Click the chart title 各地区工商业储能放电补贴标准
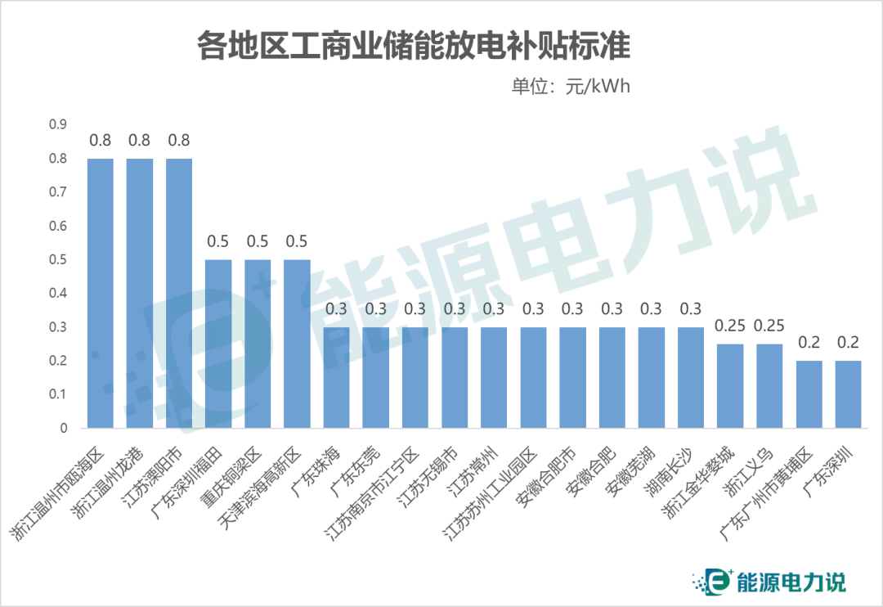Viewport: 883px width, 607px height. point(413,46)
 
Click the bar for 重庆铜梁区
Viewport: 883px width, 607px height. point(258,344)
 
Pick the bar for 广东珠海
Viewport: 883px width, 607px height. point(336,377)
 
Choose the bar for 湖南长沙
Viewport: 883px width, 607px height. point(691,377)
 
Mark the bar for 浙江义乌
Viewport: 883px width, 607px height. point(769,385)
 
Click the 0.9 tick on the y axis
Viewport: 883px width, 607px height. point(56,124)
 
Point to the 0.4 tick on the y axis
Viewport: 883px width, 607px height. point(56,293)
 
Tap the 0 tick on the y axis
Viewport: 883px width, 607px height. point(62,428)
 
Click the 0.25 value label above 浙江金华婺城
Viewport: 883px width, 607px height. point(730,326)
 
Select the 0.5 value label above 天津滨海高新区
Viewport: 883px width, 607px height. point(296,241)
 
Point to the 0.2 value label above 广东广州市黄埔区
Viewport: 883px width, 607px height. point(809,342)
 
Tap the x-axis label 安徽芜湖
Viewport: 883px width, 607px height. point(630,474)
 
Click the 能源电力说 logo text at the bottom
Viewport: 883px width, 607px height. point(791,582)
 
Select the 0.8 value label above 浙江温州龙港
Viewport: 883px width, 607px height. point(140,140)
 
